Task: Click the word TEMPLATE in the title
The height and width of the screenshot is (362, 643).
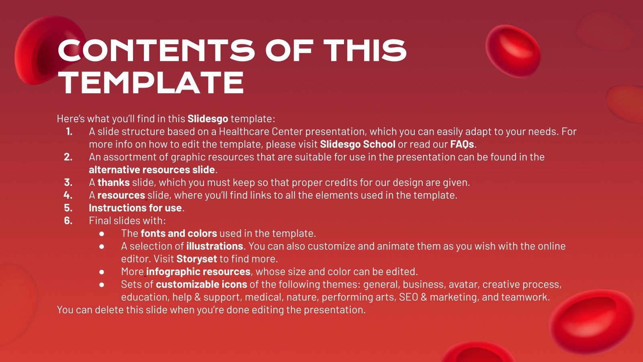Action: (x=151, y=82)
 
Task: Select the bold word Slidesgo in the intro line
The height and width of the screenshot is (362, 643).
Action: (x=208, y=119)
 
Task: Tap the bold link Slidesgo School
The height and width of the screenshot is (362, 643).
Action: (x=357, y=144)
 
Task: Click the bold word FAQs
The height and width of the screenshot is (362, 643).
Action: (x=462, y=144)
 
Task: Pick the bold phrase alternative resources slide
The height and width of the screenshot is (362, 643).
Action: (x=152, y=170)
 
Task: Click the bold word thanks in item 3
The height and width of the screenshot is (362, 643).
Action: (x=113, y=183)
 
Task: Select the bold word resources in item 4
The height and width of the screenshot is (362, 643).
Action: (x=121, y=195)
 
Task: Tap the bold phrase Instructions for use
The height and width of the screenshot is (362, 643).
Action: (x=135, y=208)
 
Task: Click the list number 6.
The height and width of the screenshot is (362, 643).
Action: (x=68, y=221)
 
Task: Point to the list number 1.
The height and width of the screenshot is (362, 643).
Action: (x=69, y=132)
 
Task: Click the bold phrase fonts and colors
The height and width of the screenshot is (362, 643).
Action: (x=178, y=234)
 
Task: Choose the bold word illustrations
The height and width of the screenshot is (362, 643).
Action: (x=215, y=246)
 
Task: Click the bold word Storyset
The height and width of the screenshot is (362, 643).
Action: (x=197, y=259)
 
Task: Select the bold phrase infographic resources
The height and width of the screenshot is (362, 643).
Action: (x=198, y=272)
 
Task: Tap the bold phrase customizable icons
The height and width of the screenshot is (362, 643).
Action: (x=201, y=285)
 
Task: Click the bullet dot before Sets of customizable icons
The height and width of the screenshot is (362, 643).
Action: (x=102, y=285)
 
